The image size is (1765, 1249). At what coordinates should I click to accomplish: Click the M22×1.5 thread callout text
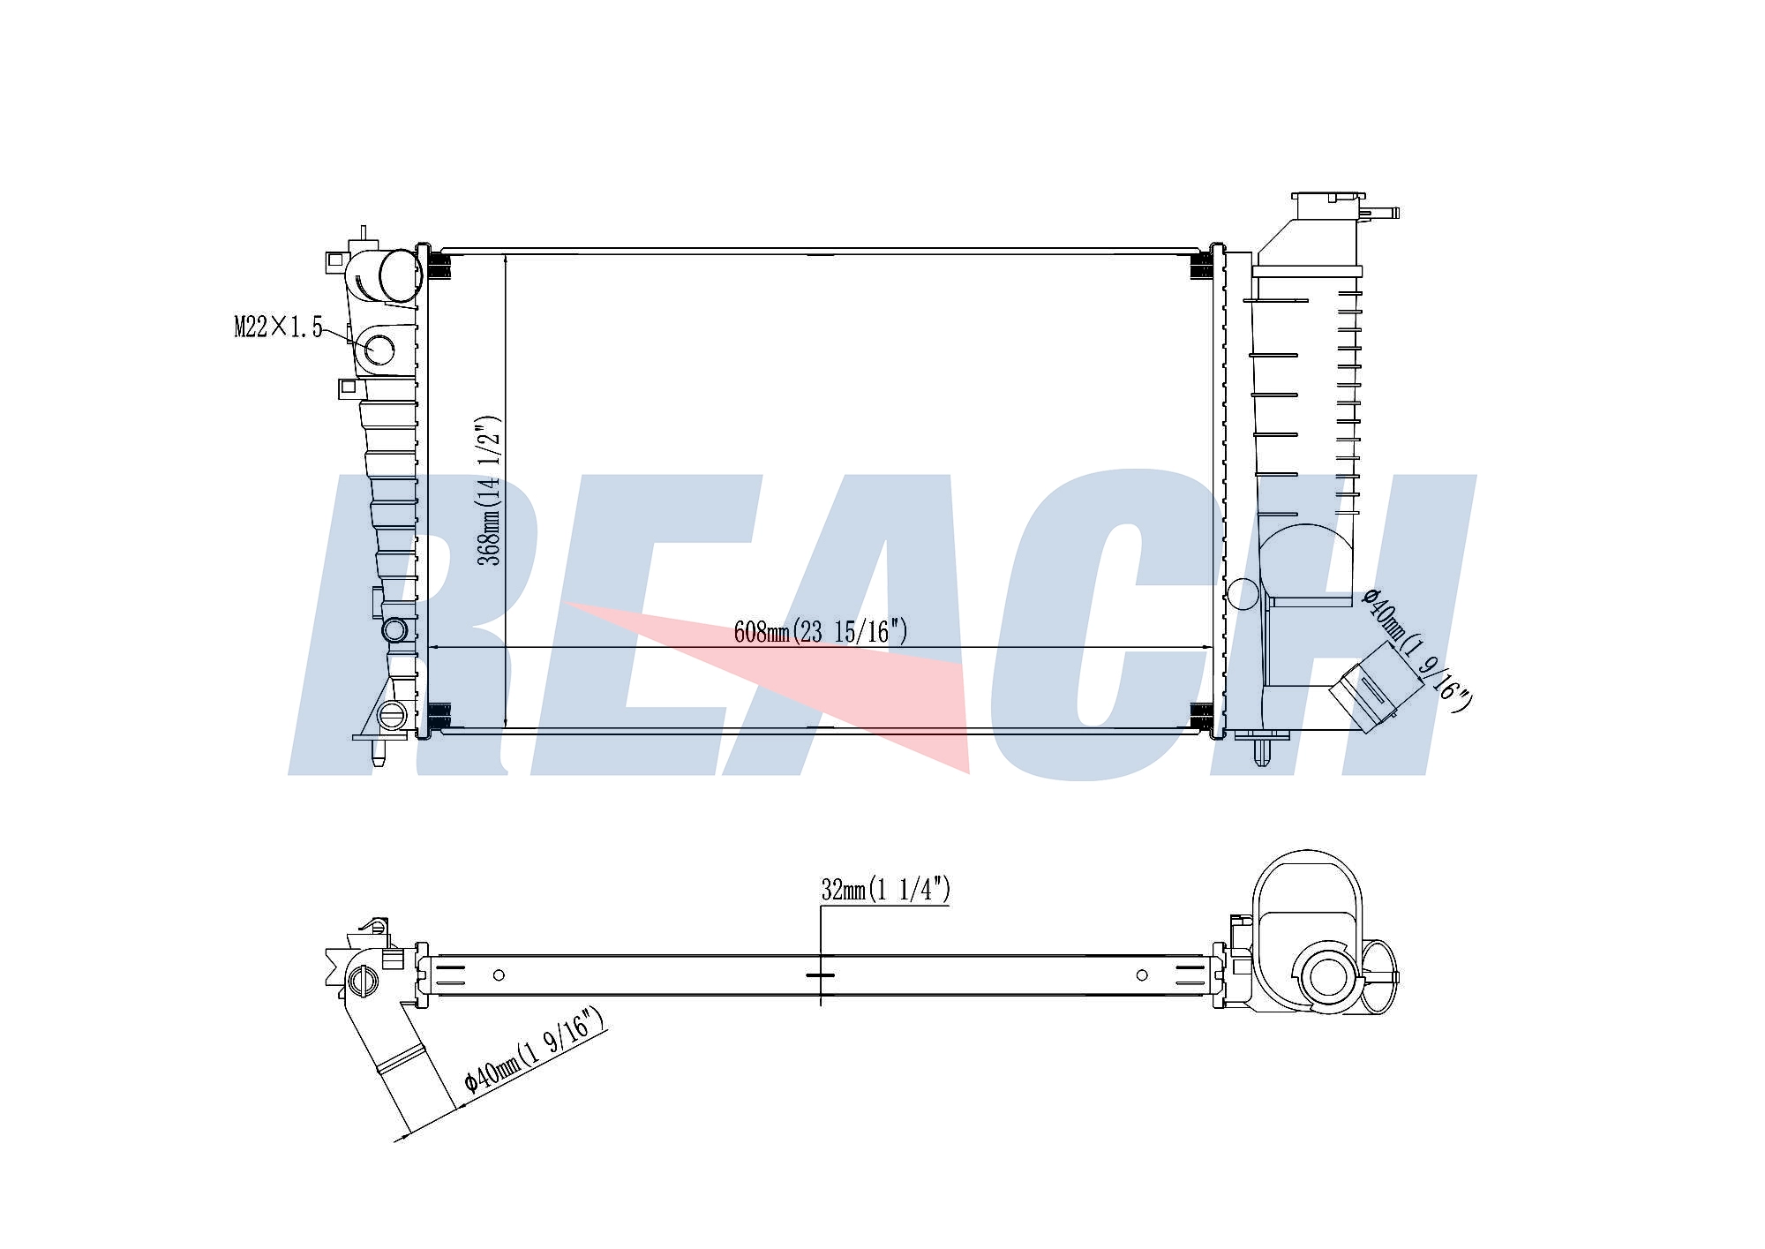pos(278,327)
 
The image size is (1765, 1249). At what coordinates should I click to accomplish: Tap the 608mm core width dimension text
pos(821,631)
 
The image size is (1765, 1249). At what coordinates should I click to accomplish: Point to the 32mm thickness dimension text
pos(885,890)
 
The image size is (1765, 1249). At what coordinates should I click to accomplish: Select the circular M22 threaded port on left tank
pos(379,350)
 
